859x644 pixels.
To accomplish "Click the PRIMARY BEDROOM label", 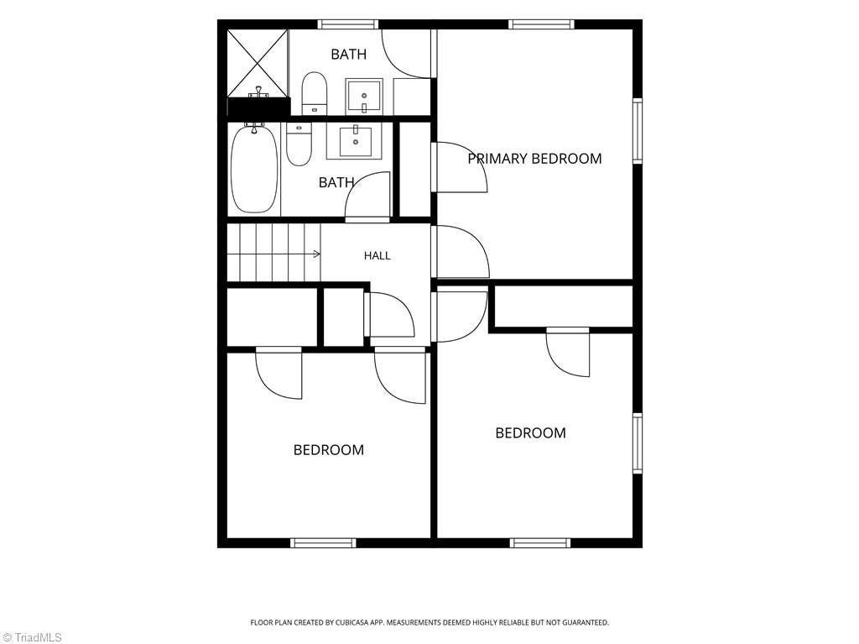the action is click(534, 159).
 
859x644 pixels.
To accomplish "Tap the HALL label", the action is click(377, 255).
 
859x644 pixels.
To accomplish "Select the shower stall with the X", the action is click(258, 64).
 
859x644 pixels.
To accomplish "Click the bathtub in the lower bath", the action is click(254, 169).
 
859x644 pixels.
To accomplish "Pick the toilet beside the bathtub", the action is click(299, 144).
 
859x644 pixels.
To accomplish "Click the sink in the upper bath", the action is click(364, 97).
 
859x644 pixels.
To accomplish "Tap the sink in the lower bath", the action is click(355, 142).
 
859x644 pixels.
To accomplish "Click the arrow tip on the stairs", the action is click(320, 254).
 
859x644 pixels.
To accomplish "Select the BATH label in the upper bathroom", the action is click(348, 55).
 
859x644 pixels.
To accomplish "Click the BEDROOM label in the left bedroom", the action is click(329, 450).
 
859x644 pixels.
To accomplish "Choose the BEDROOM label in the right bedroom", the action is click(530, 432).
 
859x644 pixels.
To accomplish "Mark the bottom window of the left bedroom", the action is click(323, 543).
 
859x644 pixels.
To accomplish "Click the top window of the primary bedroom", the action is click(541, 24).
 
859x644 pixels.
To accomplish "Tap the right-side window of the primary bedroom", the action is click(638, 130).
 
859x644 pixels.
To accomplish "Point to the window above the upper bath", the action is click(348, 24).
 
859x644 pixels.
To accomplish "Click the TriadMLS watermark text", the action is click(31, 637).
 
